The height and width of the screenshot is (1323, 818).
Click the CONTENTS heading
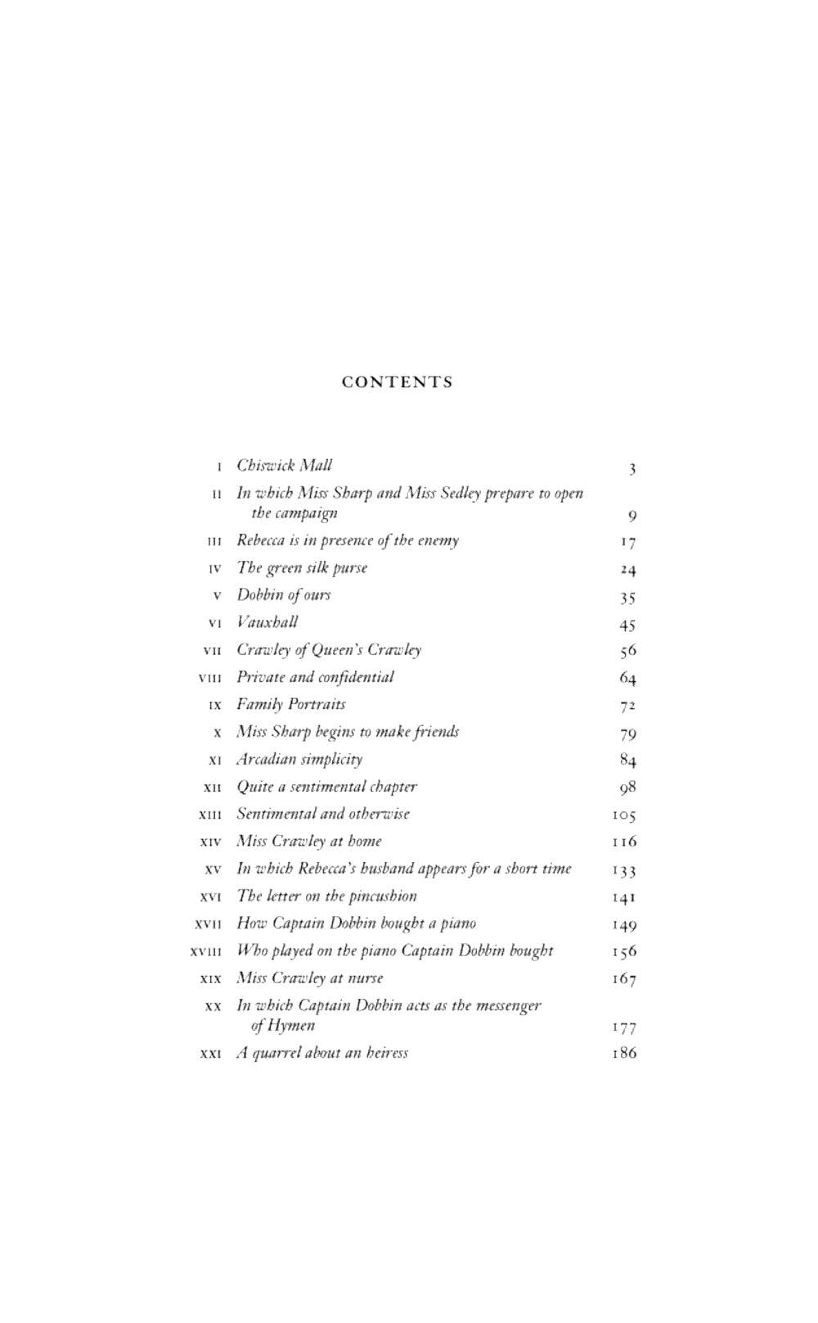click(x=398, y=382)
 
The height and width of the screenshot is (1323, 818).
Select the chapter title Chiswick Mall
click(x=284, y=466)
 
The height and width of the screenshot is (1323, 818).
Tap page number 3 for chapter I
click(x=632, y=469)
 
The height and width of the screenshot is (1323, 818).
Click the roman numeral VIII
click(x=210, y=678)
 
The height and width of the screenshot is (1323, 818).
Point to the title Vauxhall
click(x=267, y=622)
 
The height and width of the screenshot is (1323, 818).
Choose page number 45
click(x=627, y=625)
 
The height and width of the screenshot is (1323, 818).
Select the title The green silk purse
click(x=302, y=568)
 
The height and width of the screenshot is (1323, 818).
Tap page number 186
click(x=624, y=1054)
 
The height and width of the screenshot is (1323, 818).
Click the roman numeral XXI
click(x=210, y=1054)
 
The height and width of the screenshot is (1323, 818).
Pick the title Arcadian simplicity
click(x=299, y=760)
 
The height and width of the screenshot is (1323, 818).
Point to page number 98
click(x=627, y=788)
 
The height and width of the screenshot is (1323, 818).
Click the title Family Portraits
click(x=291, y=705)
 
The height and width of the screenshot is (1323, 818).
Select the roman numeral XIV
click(x=210, y=842)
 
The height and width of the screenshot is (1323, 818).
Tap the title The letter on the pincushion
click(x=326, y=896)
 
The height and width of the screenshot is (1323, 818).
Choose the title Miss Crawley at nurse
click(x=309, y=978)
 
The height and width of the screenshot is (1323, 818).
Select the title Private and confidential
click(x=315, y=677)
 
